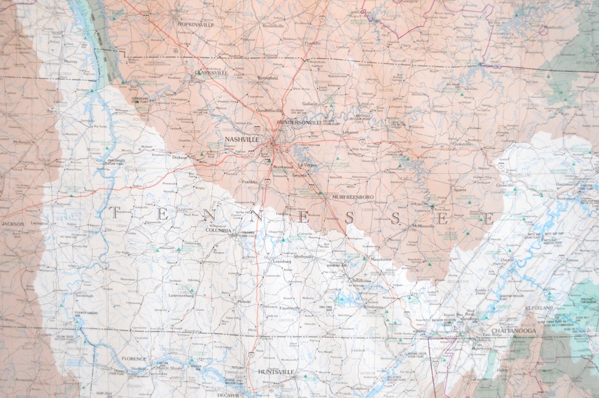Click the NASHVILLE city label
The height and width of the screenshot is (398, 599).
pyautogui.click(x=243, y=139)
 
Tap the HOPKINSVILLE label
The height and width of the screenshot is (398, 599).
pyautogui.click(x=196, y=25)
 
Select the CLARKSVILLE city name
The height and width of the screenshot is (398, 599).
pyautogui.click(x=211, y=73)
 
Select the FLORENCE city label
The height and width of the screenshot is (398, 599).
pyautogui.click(x=134, y=359)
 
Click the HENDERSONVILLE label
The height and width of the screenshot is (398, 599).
pyautogui.click(x=302, y=122)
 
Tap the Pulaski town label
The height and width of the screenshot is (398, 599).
pyautogui.click(x=244, y=302)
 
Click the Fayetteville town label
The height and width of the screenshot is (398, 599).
pyautogui.click(x=289, y=308)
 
